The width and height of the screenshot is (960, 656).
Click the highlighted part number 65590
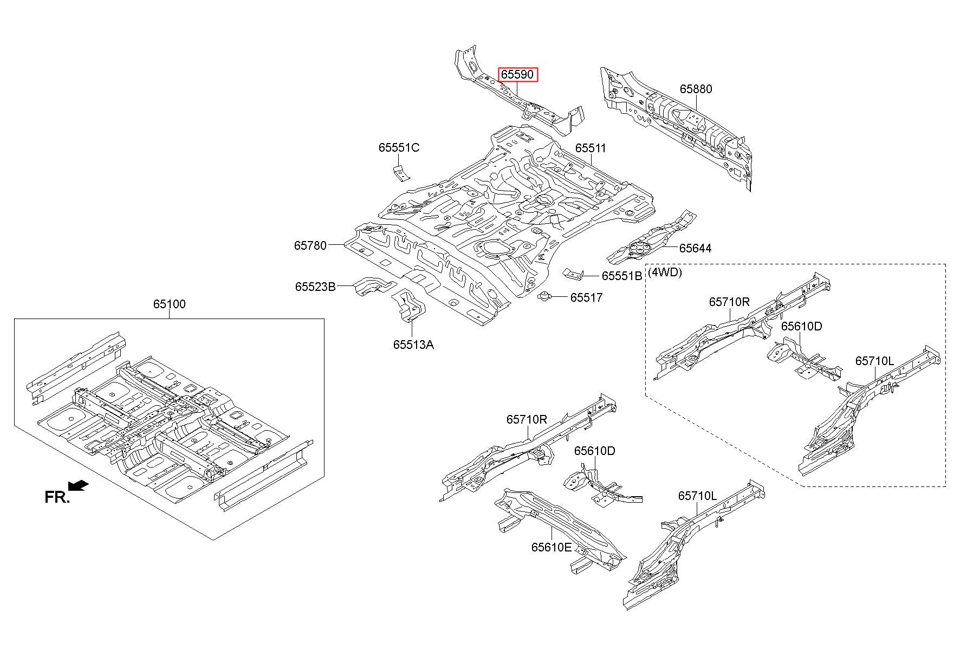pos(518,74)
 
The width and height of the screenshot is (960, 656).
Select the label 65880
pos(696,89)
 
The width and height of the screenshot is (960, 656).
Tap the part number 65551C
pos(399,147)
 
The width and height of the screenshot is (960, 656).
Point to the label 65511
pos(591,148)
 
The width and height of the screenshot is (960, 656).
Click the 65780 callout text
pos(310,245)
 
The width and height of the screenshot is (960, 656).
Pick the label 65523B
pos(315,286)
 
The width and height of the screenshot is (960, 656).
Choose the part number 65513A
pos(413,345)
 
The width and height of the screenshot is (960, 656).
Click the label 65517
pos(586,297)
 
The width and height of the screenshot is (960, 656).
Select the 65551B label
pos(622,276)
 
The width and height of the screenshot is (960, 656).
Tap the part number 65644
pos(696,248)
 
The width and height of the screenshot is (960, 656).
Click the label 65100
pos(169,304)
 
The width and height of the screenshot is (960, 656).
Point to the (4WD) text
pos(665,272)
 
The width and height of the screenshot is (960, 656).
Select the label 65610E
pos(552,547)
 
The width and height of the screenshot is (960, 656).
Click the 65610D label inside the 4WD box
pos(801,326)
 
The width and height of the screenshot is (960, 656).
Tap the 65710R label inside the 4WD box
pos(729,302)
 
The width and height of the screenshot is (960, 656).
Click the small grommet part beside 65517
pos(544,296)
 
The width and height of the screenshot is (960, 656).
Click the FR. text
pos(57,497)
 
